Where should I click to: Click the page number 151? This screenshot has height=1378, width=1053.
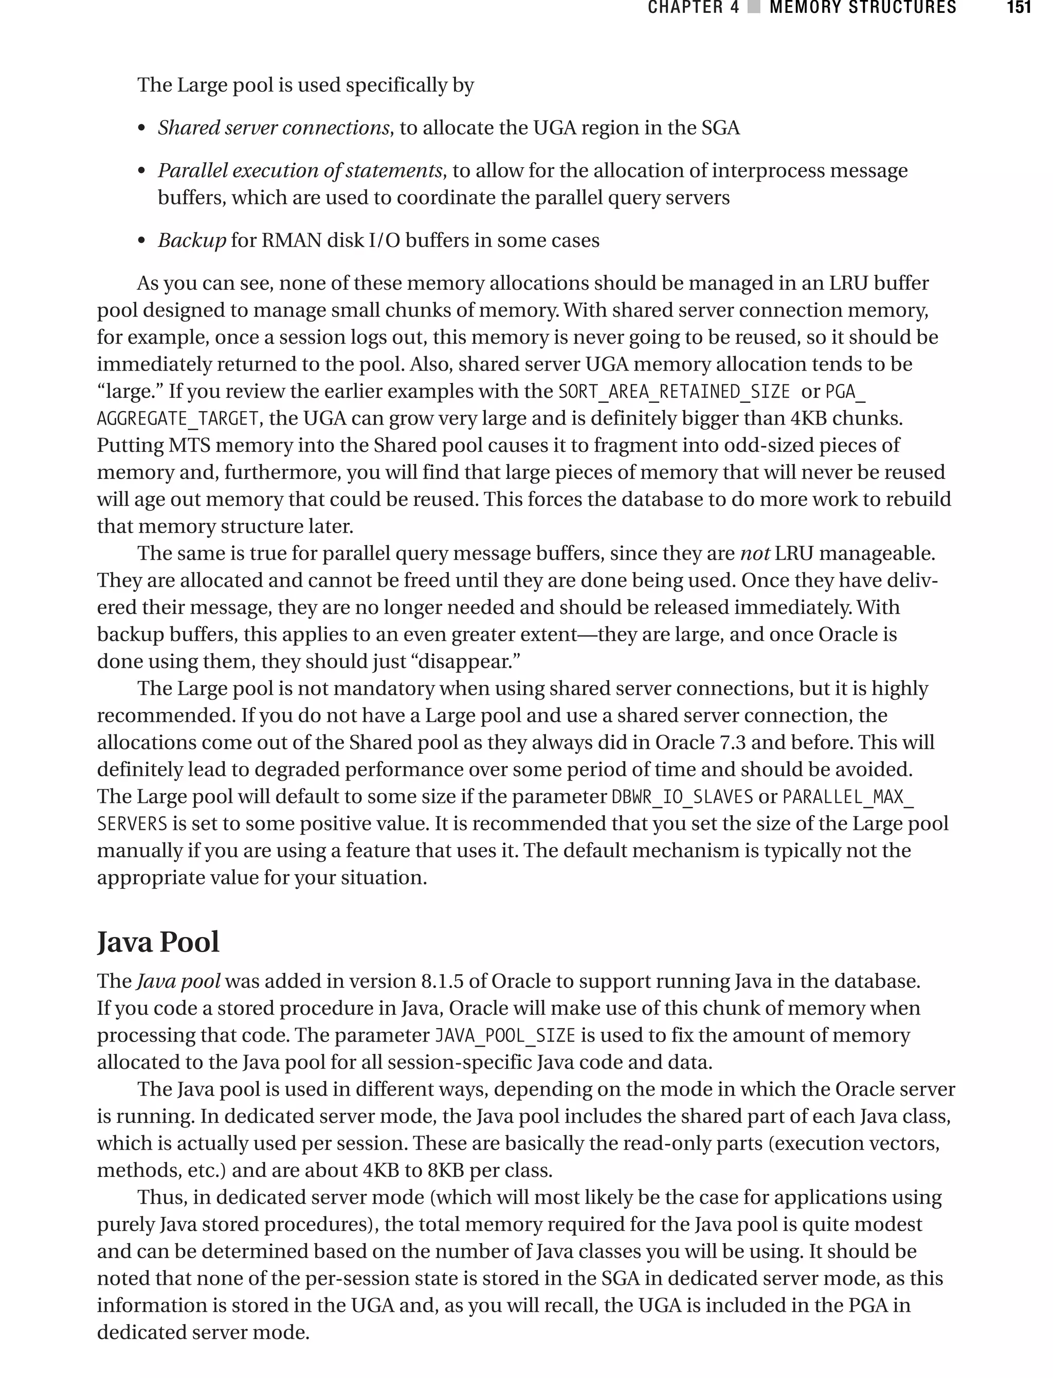point(1019,8)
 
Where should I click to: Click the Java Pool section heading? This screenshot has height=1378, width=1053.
point(158,942)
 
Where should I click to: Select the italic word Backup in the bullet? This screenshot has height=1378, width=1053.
point(192,240)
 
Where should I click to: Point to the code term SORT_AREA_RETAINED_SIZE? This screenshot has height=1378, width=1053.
point(674,392)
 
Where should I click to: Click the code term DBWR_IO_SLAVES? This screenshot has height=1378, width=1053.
point(682,797)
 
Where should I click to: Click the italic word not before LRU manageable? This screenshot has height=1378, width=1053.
point(755,553)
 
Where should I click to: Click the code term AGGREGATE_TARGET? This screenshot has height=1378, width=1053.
point(177,419)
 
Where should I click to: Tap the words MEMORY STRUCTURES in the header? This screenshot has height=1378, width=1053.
point(862,8)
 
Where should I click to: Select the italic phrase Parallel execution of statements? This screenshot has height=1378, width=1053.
point(300,171)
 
